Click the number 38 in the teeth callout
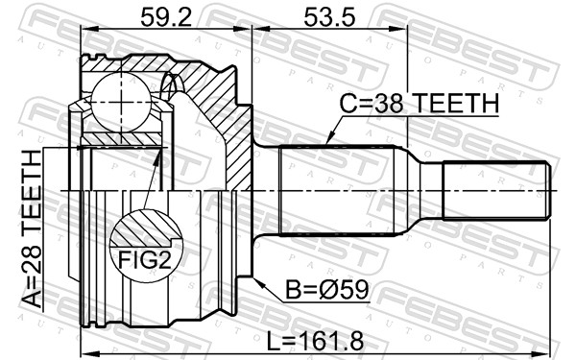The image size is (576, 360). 391,104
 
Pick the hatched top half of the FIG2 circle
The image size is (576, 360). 143,228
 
